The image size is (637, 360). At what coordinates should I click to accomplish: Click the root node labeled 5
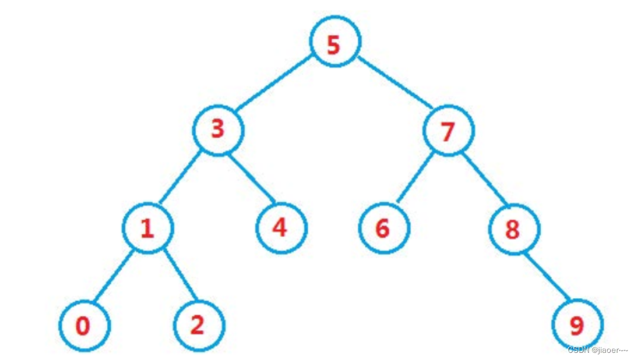(x=335, y=43)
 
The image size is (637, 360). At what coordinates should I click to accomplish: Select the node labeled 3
(x=218, y=129)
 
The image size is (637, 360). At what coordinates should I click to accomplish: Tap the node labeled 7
(x=448, y=130)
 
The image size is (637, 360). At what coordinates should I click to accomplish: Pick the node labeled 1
(x=147, y=228)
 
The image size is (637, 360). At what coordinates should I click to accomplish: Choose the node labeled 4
(x=280, y=227)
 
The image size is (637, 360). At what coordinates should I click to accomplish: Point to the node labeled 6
(x=383, y=228)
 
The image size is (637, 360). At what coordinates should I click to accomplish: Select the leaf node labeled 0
(x=84, y=325)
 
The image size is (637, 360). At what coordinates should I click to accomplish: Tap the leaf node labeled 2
(x=199, y=325)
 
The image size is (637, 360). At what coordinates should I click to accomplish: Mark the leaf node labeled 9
(x=577, y=325)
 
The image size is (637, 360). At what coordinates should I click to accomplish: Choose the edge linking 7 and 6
(x=416, y=179)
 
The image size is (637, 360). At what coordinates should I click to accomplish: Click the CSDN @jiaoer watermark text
(x=598, y=350)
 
